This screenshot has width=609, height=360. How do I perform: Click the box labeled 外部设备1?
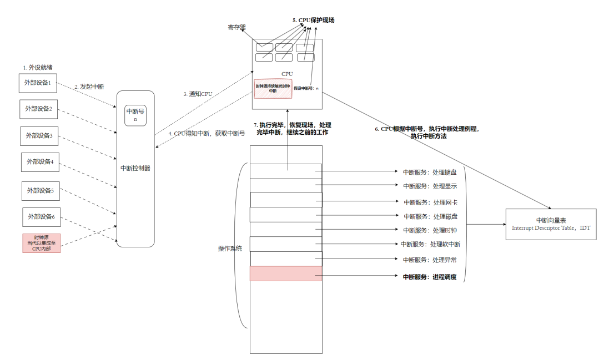(38, 83)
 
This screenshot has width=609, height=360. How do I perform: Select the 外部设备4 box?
(40, 162)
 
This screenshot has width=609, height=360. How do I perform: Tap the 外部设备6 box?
(42, 216)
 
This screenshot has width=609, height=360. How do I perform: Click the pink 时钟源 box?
(41, 244)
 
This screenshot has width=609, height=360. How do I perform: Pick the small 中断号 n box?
(135, 114)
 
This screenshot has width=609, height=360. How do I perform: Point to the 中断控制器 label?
(135, 168)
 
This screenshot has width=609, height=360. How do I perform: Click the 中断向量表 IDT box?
(551, 224)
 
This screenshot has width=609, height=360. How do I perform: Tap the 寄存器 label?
(238, 27)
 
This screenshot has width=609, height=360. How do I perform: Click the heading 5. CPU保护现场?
(314, 21)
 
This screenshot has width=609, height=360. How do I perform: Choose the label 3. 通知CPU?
(198, 94)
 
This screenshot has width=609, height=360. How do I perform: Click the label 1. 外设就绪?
(38, 67)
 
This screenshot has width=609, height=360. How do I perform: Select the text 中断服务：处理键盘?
(430, 172)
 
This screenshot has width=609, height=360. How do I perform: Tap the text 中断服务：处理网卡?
(430, 202)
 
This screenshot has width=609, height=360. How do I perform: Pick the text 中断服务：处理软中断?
(430, 244)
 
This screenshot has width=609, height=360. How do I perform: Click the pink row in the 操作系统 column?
(285, 273)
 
